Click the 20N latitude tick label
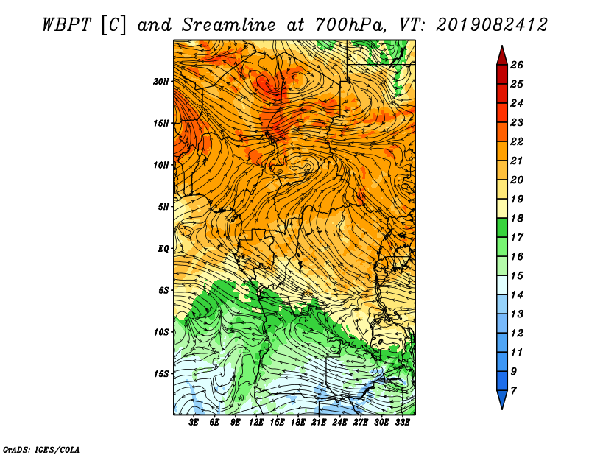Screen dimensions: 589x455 (161, 81)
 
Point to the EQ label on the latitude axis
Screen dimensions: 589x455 (163, 248)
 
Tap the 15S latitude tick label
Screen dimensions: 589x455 (162, 374)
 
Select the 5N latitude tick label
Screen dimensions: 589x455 (163, 207)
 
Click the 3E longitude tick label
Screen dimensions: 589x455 (194, 423)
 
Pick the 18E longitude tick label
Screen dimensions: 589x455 (297, 423)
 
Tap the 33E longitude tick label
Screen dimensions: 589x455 (402, 423)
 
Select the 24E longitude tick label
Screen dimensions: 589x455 (339, 423)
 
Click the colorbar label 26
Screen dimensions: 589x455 (517, 65)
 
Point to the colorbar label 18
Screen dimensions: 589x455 (517, 218)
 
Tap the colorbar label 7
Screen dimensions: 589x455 (514, 391)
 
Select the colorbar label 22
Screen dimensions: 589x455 (517, 141)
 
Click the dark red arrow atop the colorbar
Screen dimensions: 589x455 (502, 56)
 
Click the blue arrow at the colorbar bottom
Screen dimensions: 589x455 (502, 400)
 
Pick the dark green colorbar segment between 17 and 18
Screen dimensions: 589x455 (502, 227)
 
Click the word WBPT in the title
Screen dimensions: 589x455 (66, 25)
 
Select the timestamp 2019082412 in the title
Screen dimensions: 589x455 (492, 25)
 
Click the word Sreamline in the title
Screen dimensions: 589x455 (229, 25)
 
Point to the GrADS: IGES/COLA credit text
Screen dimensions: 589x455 (41, 450)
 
